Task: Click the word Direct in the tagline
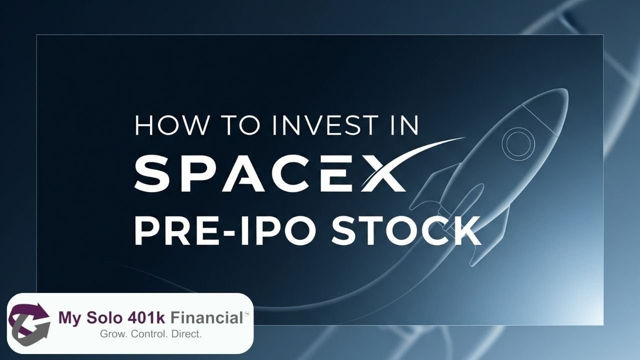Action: (186, 333)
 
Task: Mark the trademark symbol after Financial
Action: (246, 312)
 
